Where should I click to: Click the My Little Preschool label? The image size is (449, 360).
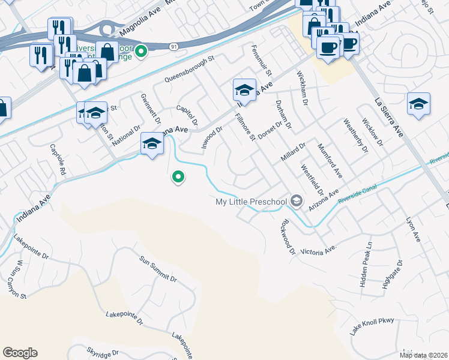[251, 202]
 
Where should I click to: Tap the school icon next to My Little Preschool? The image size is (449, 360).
[295, 202]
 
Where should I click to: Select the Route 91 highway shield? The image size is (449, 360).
[173, 46]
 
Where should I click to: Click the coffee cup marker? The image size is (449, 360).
[328, 46]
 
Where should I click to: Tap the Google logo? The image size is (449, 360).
[20, 353]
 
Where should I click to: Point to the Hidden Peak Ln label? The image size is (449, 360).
[366, 264]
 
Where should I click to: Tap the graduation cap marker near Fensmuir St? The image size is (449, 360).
[244, 91]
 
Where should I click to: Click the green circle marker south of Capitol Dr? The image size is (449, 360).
[178, 177]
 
